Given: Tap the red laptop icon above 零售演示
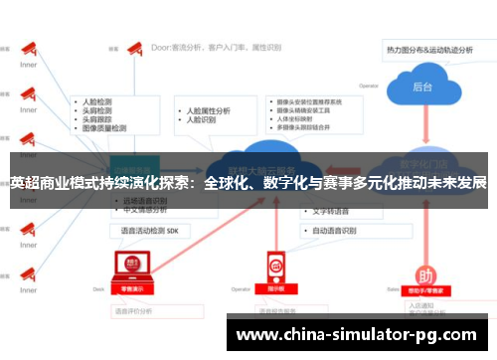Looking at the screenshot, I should click(x=128, y=264).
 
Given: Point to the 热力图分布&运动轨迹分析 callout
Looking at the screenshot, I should click(x=432, y=48).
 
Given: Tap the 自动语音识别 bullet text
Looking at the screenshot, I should click(x=334, y=230).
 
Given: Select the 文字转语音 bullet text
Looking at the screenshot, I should click(x=327, y=212).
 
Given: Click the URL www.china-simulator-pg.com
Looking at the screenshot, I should click(x=358, y=334).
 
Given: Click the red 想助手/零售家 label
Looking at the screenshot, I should click(x=423, y=290).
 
